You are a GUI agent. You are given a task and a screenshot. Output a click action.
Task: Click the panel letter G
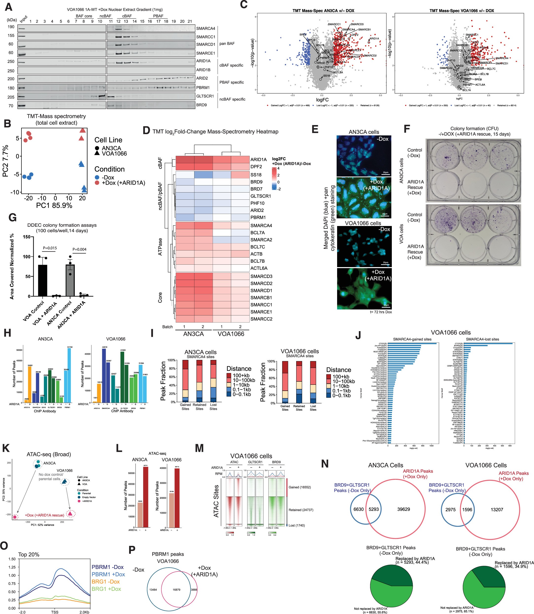[x=12, y=217]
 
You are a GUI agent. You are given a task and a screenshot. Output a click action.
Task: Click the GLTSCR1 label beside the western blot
[x=205, y=96]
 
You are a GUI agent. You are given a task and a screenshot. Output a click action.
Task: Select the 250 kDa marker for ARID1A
[x=11, y=62]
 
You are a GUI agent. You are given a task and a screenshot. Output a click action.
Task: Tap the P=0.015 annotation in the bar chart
[x=50, y=248]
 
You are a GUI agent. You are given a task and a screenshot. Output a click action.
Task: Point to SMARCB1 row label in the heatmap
[x=261, y=297]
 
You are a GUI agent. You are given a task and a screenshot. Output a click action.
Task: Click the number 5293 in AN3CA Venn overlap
[x=373, y=509]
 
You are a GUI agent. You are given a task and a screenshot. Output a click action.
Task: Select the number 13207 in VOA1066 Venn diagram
[x=497, y=509]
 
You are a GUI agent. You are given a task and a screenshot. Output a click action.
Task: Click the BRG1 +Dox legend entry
[x=106, y=589]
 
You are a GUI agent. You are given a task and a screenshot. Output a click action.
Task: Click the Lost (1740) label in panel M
[x=296, y=525]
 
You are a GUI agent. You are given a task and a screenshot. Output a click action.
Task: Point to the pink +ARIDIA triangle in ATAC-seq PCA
[x=70, y=513]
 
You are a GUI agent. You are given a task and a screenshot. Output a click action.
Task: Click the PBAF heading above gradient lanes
[x=158, y=16]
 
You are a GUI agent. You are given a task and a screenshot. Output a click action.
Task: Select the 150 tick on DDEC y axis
[x=27, y=237]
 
